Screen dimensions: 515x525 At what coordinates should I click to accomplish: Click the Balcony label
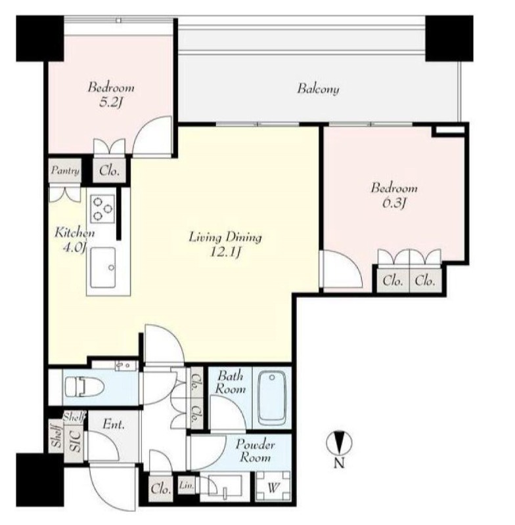point(318,89)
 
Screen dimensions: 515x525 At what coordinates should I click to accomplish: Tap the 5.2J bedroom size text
point(109,103)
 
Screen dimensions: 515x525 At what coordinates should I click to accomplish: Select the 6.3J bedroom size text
point(393,203)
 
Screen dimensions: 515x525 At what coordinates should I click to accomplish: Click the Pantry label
point(65,171)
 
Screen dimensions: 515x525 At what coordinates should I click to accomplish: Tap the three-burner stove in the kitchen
point(102,209)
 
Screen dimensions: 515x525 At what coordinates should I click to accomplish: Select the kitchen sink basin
point(103,268)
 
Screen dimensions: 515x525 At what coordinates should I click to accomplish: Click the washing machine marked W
point(273,487)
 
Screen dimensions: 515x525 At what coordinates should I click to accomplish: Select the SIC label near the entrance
point(74,440)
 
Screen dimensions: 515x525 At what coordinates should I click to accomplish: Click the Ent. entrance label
point(114,425)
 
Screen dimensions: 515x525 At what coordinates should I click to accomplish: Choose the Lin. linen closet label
point(186,485)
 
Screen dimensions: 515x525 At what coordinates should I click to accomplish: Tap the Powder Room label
point(255,451)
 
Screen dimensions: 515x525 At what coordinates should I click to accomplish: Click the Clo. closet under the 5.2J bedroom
point(109,171)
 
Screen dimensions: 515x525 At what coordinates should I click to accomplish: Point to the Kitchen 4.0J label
point(74,240)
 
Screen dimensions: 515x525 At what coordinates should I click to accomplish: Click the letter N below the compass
point(339,463)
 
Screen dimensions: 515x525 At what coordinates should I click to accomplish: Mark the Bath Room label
point(230,382)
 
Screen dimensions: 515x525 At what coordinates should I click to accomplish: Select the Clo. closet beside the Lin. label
point(161,489)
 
